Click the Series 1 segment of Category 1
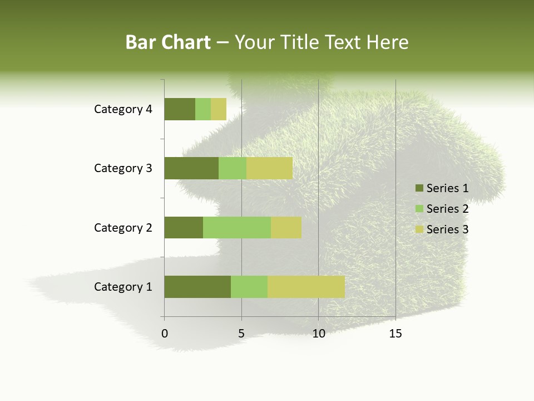[x=197, y=287]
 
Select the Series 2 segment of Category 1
[x=249, y=287]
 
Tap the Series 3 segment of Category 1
[x=306, y=287]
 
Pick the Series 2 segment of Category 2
[x=237, y=227]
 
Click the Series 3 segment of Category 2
[x=286, y=227]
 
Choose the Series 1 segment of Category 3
[x=191, y=168]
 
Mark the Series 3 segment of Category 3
[x=269, y=168]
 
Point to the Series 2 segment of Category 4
[x=203, y=109]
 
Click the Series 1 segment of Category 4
[x=180, y=109]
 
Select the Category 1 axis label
[x=123, y=287]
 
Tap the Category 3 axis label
[x=123, y=168]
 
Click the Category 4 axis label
[x=123, y=109]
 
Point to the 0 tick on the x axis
[x=165, y=334]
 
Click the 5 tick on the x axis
[x=241, y=334]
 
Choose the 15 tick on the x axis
[x=395, y=334]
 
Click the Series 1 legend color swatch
[x=419, y=188]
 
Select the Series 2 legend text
[x=447, y=209]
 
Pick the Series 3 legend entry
[x=442, y=229]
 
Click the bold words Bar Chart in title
[x=168, y=42]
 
